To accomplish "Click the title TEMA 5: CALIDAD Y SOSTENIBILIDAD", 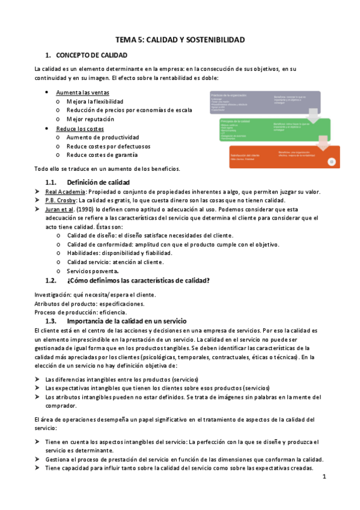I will coord(180,39).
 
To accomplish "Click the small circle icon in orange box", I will coord(331,162).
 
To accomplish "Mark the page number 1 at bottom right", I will coord(323,477).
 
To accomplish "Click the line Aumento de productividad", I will coord(103,137).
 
